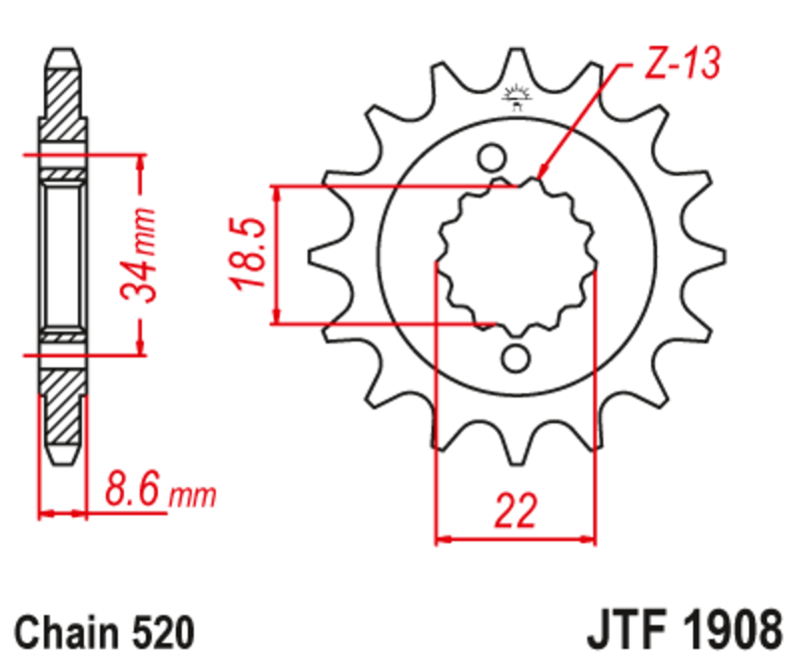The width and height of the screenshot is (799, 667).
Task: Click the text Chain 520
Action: point(104,632)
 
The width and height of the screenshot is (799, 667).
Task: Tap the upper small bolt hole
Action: point(490,158)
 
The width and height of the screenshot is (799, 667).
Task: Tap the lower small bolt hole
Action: point(515,357)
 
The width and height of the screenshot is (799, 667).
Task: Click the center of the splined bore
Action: point(515,257)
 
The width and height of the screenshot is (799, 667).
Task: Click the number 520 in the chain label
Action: point(158,632)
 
